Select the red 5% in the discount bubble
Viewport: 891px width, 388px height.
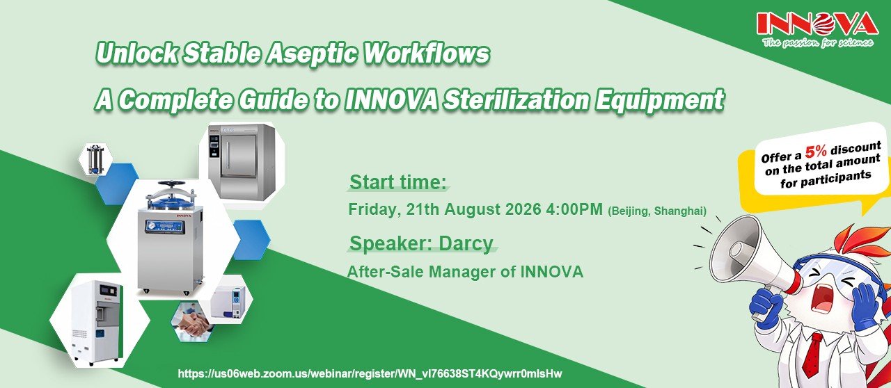[817, 152]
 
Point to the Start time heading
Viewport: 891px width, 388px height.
[397, 182]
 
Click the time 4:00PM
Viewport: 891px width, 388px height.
[574, 209]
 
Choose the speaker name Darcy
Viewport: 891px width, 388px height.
[466, 243]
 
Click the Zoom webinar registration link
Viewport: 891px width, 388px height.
[370, 373]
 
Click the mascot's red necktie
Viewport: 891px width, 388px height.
[812, 359]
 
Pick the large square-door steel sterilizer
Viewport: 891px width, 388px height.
[242, 162]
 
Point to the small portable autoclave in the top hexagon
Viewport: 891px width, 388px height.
[95, 160]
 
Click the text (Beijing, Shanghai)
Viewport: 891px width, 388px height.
[657, 211]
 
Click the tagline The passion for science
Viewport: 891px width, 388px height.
[818, 43]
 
